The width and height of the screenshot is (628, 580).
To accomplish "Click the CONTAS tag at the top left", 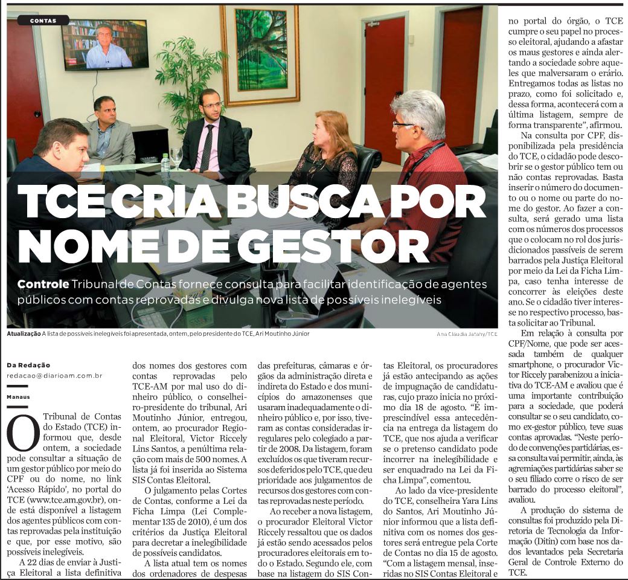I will [42, 21].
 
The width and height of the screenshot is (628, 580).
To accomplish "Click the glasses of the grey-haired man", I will [404, 125].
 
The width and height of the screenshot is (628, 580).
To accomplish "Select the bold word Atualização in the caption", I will [24, 333].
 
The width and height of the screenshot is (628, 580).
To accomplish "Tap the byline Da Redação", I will [29, 365].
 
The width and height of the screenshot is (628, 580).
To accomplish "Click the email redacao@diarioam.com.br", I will [54, 375].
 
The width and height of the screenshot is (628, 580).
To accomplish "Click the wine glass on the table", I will [176, 155].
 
